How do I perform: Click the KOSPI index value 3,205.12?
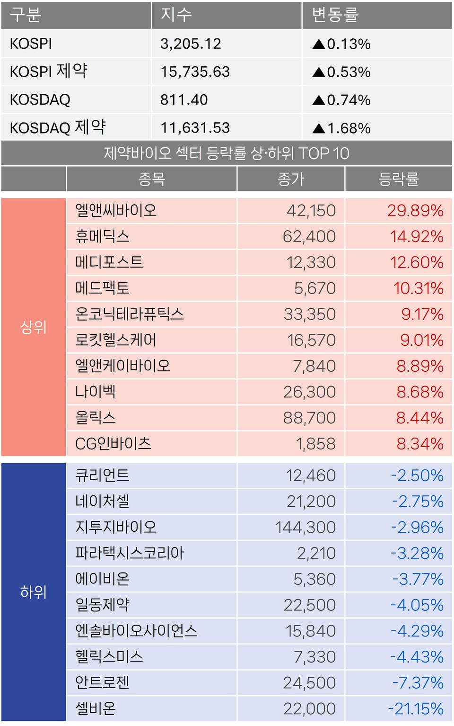(191, 44)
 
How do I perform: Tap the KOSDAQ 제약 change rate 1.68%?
(348, 128)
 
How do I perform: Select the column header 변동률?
(335, 15)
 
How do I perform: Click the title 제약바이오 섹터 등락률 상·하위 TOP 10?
(227, 153)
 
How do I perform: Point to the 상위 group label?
(34, 327)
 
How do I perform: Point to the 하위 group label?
(34, 592)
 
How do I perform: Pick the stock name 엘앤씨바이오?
(116, 210)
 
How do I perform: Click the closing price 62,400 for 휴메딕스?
(309, 236)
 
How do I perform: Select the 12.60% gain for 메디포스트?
(417, 262)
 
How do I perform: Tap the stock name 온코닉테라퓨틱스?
(130, 314)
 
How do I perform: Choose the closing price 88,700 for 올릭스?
(309, 418)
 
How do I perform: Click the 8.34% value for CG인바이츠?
(420, 444)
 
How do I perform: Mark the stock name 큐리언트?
(102, 475)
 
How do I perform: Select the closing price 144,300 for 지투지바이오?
(306, 527)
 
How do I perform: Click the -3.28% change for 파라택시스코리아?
(417, 553)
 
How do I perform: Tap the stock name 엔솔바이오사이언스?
(136, 631)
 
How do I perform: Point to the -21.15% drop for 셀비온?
(416, 708)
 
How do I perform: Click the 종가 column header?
(291, 179)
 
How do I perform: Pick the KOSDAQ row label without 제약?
(40, 99)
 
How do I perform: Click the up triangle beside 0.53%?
(319, 72)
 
